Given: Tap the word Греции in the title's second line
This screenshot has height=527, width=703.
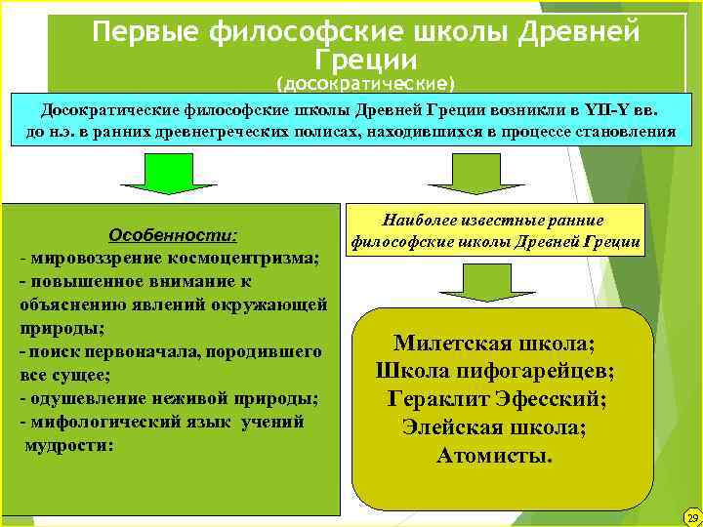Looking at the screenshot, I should (366, 58).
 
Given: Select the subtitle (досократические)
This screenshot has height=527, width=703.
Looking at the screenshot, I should (366, 81).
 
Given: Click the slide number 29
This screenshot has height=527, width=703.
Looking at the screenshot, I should (692, 516).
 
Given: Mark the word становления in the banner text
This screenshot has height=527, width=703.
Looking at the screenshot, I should (626, 132).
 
